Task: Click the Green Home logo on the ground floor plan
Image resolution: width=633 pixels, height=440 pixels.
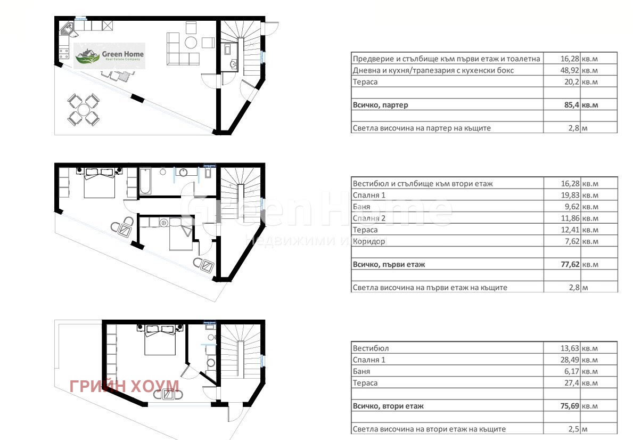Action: point(110,56)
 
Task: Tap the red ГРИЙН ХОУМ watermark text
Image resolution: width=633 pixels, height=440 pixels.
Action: point(125,386)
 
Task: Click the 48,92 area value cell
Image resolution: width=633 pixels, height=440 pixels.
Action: point(570,70)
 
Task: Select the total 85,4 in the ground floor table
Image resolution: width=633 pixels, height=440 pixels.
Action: point(572,105)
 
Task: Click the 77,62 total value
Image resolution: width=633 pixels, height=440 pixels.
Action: point(570,265)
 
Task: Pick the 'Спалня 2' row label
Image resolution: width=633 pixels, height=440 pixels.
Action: point(369,218)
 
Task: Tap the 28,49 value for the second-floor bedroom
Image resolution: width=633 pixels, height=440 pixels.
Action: point(570,360)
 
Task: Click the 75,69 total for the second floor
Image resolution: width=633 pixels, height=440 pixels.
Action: point(570,406)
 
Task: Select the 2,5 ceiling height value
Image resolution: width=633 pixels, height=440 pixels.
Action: point(574,429)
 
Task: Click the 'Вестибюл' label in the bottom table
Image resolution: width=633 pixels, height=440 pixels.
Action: point(371,348)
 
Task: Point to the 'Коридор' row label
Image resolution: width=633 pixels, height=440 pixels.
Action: point(369,242)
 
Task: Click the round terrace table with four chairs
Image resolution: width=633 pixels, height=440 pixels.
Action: point(83,109)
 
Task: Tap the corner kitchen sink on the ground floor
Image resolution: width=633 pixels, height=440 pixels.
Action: point(67,29)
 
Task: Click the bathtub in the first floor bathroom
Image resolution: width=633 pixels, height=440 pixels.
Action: point(145,181)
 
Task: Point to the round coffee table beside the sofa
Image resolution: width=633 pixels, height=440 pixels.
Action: point(191,43)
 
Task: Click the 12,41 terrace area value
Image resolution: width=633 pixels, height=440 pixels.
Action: point(570,230)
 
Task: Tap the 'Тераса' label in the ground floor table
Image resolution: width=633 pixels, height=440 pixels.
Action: point(365,82)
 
